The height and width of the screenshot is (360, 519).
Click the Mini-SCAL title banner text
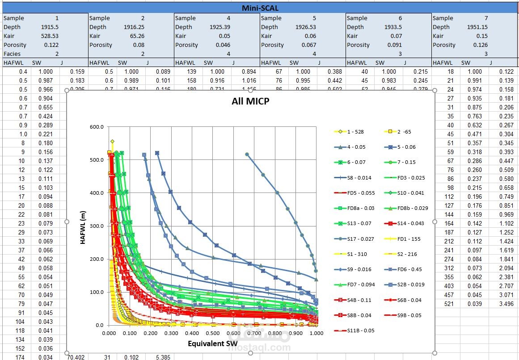pos(260,8)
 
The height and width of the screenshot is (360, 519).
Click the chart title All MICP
pos(250,101)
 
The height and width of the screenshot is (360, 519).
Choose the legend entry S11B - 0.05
pos(355,331)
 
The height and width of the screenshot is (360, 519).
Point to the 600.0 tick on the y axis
pos(97,127)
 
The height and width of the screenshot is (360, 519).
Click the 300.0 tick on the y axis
pos(97,226)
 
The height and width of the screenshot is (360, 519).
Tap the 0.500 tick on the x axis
pos(212,333)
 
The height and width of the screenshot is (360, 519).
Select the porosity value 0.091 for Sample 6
pos(393,45)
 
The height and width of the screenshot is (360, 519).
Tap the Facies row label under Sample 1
pos(12,54)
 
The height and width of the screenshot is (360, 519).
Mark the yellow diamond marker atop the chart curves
pos(113,142)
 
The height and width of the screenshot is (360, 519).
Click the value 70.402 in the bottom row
pos(76,357)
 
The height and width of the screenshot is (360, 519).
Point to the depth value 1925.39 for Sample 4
pos(220,27)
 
